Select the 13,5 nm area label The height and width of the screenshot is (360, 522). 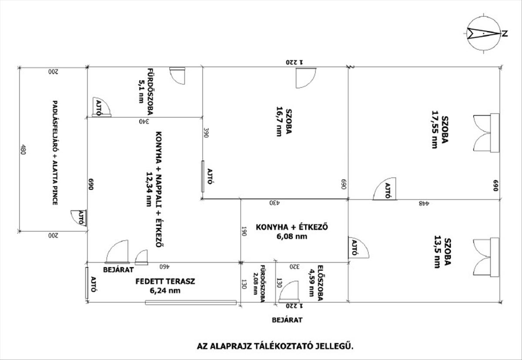437,253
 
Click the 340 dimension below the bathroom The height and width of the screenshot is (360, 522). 144,121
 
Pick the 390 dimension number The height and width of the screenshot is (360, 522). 207,133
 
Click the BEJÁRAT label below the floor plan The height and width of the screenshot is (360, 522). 287,320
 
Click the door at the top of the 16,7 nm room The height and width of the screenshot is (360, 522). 304,77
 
